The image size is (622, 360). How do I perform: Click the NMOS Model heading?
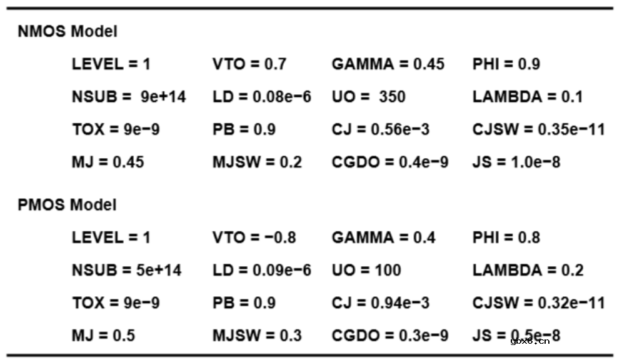(x=68, y=31)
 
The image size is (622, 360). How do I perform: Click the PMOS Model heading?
(x=68, y=205)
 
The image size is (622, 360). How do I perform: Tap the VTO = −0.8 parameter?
(x=254, y=238)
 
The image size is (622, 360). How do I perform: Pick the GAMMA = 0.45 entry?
(x=388, y=64)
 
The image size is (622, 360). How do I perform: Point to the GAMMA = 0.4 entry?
(x=384, y=238)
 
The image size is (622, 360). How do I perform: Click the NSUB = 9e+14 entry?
(x=129, y=97)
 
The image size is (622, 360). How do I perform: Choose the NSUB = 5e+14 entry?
(x=127, y=271)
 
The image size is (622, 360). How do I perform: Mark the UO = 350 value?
(x=369, y=97)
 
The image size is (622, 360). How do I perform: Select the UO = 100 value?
(x=367, y=271)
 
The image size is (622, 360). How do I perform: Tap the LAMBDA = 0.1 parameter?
(x=528, y=97)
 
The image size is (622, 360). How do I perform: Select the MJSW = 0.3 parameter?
(x=257, y=336)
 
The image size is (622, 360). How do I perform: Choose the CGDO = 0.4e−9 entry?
(x=390, y=162)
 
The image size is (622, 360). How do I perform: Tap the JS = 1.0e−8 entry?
(x=516, y=162)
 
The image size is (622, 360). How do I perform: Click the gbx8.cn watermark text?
(x=530, y=341)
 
